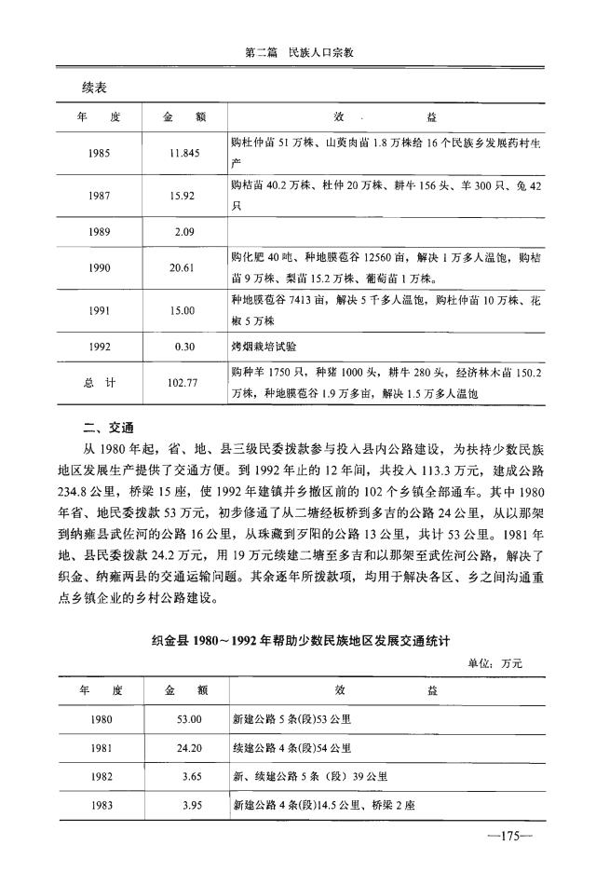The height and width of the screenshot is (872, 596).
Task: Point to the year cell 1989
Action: tap(98, 231)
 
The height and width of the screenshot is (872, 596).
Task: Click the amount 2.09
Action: tap(183, 231)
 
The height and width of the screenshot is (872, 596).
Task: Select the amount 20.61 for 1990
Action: tap(183, 267)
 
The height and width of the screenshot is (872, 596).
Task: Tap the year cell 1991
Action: tap(98, 311)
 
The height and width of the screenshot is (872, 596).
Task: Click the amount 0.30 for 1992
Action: tap(183, 346)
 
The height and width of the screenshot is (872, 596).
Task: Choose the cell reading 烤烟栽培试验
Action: tap(264, 346)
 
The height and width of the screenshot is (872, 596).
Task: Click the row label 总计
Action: tap(98, 382)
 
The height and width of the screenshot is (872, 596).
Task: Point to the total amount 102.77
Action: tap(183, 382)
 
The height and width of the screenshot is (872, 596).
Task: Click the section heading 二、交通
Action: tap(108, 429)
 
